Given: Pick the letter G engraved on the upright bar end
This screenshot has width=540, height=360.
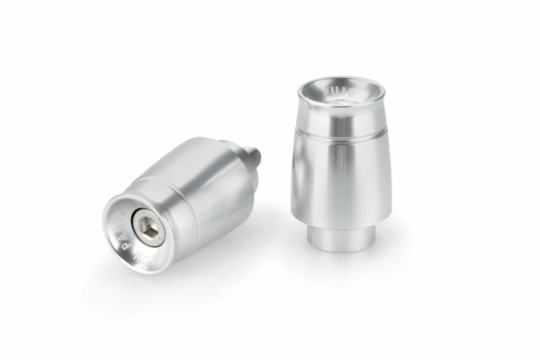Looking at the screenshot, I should click(x=353, y=93).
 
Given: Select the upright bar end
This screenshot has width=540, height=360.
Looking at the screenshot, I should click(x=342, y=162).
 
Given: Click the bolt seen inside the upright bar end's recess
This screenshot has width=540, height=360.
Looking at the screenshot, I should click(x=339, y=102).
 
